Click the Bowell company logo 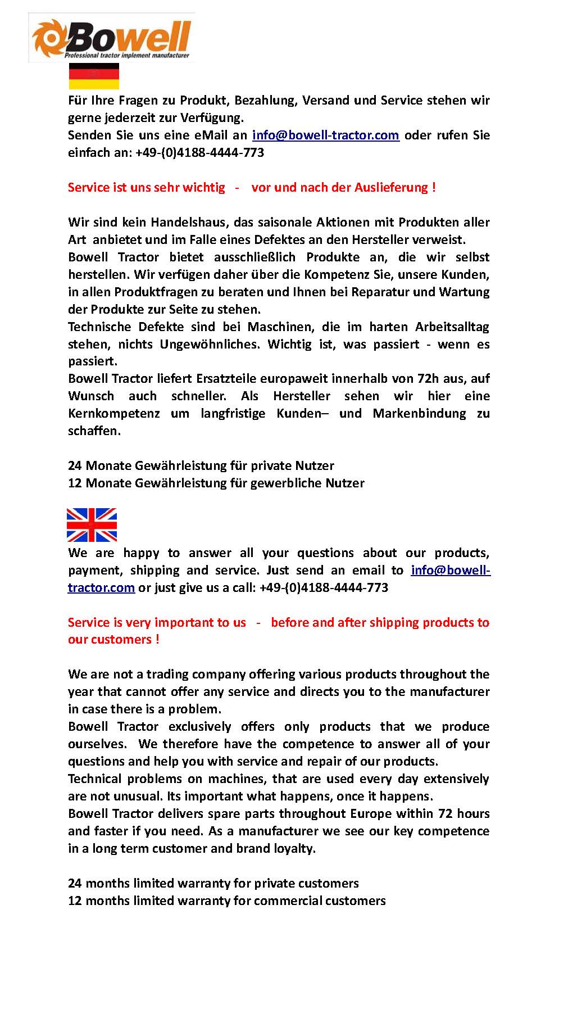click(x=111, y=37)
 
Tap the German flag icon click(x=94, y=76)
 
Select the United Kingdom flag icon click(x=92, y=524)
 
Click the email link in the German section click(x=326, y=135)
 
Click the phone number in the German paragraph click(x=199, y=152)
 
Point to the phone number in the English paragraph click(x=324, y=587)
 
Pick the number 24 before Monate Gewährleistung click(x=75, y=465)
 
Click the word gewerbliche click(x=287, y=483)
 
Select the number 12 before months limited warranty click(x=75, y=901)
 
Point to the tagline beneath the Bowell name click(x=126, y=56)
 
